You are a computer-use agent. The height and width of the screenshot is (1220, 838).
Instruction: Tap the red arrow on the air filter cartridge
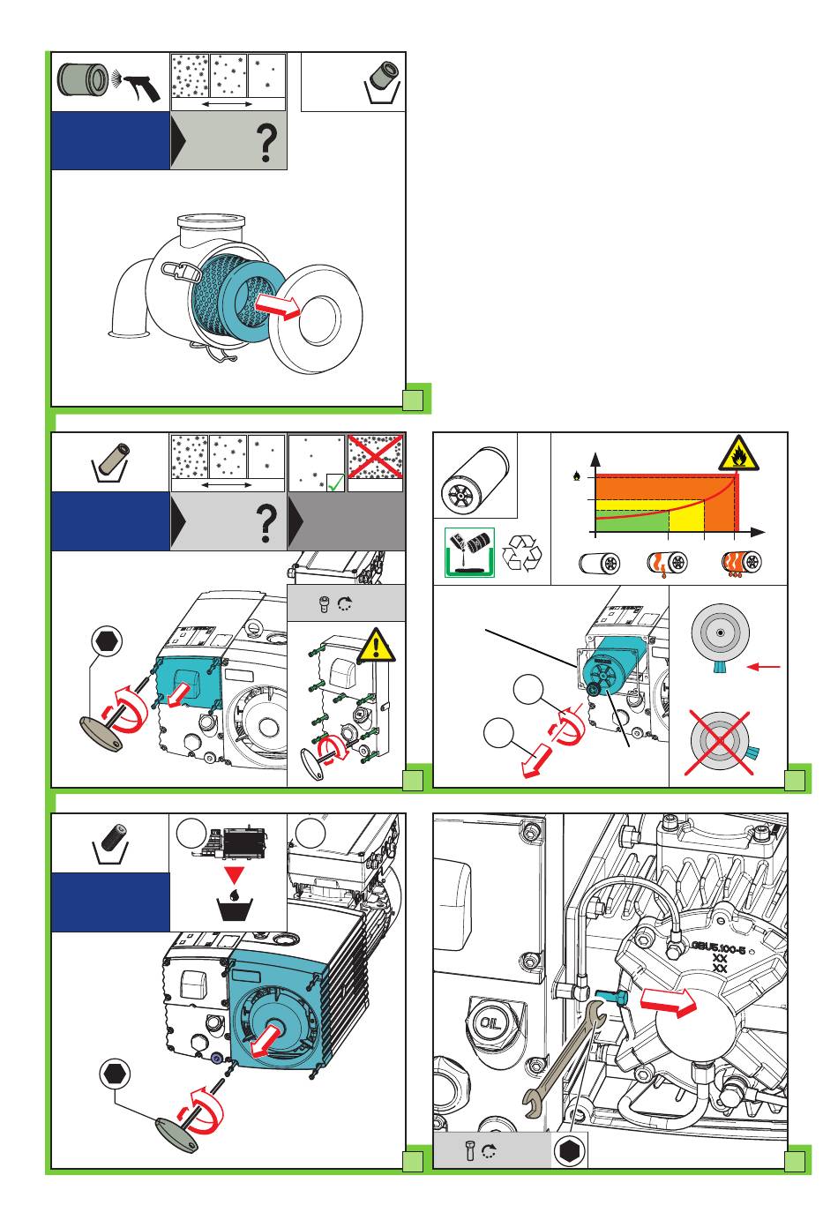click(277, 306)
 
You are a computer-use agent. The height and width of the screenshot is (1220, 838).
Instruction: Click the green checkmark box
click(334, 482)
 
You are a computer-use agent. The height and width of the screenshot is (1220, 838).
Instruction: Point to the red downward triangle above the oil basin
click(233, 874)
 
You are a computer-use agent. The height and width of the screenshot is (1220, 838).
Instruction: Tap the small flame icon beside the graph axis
click(577, 476)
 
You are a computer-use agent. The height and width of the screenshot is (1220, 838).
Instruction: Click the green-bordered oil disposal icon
click(469, 553)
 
